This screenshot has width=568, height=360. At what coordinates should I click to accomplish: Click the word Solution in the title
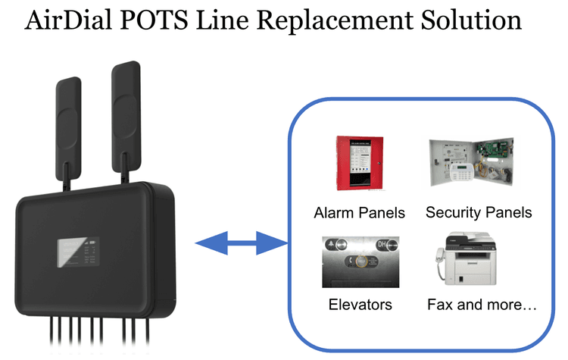coord(473,20)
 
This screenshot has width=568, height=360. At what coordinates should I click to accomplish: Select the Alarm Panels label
coord(359,212)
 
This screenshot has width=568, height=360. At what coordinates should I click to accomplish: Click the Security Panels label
coord(479,212)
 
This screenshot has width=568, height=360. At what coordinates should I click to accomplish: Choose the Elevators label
coord(360,305)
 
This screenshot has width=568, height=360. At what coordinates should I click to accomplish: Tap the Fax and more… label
coord(482,305)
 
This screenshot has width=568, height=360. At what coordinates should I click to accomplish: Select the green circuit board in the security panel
coord(497,150)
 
